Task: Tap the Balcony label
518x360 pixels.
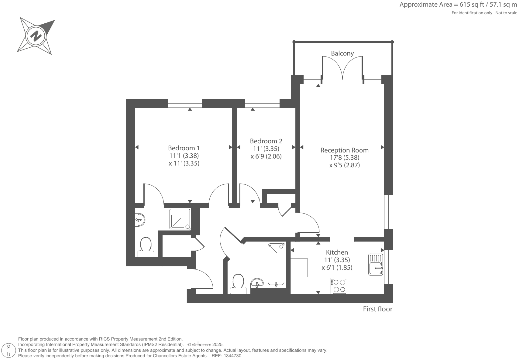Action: pos(342,53)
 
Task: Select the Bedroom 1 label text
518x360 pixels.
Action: pos(184,148)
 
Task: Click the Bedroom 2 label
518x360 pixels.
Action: pos(266,141)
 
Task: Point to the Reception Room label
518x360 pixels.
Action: pos(344,150)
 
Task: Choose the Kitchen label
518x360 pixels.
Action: pos(337,252)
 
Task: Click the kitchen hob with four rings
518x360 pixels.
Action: pos(339,286)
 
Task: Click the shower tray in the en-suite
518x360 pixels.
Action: pos(180,219)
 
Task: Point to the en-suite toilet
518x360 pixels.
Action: pos(146,247)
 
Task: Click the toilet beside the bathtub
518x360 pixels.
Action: pos(238,284)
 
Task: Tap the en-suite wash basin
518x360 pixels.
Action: pos(140,220)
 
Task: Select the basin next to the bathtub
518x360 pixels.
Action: pos(257,284)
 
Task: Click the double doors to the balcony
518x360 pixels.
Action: pos(342,68)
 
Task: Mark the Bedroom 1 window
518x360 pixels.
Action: pos(185,103)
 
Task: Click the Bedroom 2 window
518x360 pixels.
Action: pos(262,103)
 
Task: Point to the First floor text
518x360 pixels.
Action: pos(377,309)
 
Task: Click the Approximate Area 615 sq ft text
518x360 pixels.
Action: pos(458,5)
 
